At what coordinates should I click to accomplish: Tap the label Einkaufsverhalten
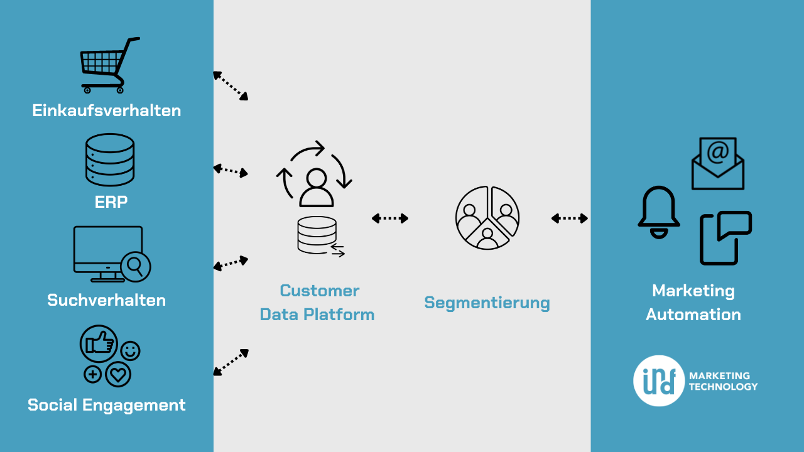click(107, 111)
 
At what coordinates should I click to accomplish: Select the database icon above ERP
click(110, 159)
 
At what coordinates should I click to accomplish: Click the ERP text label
click(111, 202)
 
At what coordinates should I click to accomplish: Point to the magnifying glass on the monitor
click(134, 266)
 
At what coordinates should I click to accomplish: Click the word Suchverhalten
click(107, 300)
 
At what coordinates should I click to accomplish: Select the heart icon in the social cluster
click(117, 375)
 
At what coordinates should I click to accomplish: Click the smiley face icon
click(130, 351)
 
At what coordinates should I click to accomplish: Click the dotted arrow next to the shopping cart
click(231, 85)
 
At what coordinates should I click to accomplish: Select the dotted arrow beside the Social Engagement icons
click(231, 363)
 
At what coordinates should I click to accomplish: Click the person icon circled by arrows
click(316, 188)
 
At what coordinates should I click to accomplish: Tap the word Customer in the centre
click(319, 291)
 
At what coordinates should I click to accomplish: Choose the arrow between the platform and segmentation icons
click(390, 218)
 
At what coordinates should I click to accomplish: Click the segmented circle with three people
click(487, 218)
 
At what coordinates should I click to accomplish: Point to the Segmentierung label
click(487, 303)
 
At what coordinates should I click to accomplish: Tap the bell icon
click(658, 212)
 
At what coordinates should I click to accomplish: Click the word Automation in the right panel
click(693, 315)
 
